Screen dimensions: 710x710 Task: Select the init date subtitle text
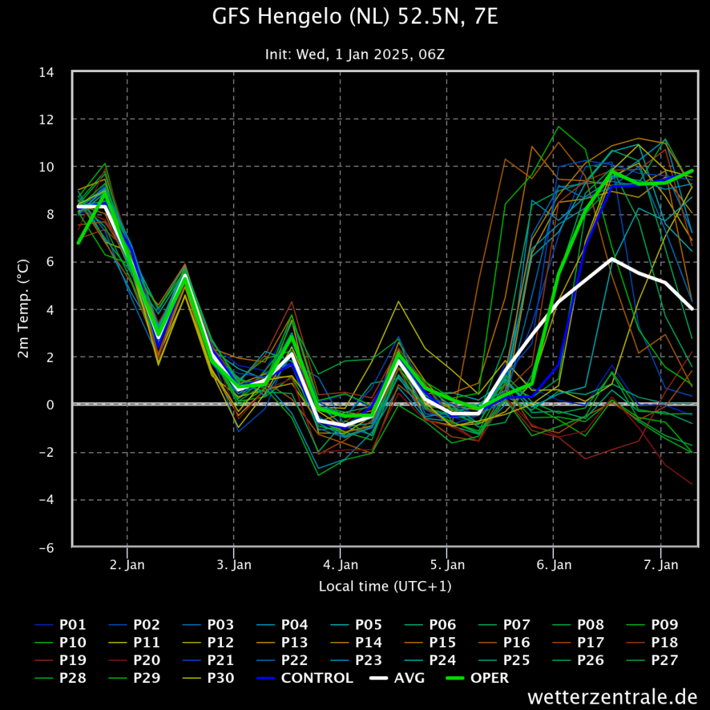click(x=355, y=54)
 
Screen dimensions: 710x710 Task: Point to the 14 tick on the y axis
click(x=46, y=72)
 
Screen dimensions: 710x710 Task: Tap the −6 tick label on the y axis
click(x=46, y=548)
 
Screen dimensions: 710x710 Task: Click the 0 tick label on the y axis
click(x=50, y=405)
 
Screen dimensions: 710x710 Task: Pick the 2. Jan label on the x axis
click(x=128, y=564)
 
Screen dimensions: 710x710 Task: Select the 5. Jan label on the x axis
click(x=447, y=564)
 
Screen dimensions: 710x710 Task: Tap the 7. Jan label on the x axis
click(x=661, y=564)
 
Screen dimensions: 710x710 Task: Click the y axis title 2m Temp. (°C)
click(x=23, y=309)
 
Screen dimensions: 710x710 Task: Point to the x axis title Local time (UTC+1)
click(x=385, y=587)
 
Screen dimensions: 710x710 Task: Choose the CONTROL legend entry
click(x=305, y=678)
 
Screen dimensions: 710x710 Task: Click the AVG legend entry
click(x=397, y=678)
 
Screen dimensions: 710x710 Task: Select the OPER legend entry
click(x=477, y=678)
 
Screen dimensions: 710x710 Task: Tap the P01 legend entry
click(x=60, y=625)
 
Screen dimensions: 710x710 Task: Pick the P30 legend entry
click(x=208, y=678)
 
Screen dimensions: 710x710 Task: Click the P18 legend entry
click(x=652, y=643)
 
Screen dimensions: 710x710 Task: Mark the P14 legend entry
click(x=356, y=643)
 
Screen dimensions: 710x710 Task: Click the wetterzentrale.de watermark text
click(x=612, y=697)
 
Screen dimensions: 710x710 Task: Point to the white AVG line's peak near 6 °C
click(x=612, y=259)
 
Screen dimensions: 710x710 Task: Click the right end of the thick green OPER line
click(x=693, y=171)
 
